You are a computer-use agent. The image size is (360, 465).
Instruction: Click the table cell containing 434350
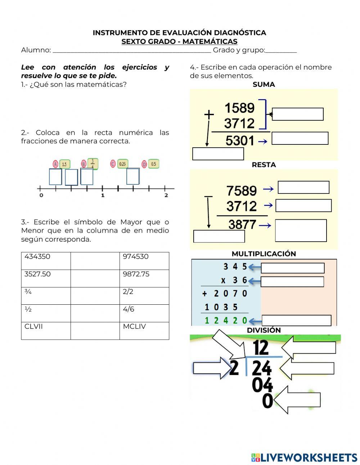(46, 261)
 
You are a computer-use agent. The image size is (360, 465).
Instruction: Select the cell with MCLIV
(144, 331)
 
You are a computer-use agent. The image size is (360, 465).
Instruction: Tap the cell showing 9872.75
(144, 278)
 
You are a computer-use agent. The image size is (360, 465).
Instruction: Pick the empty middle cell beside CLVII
(95, 331)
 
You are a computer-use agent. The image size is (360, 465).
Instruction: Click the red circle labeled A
(55, 164)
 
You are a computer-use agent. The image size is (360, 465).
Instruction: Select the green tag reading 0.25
(122, 164)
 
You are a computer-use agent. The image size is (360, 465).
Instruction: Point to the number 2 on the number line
(166, 196)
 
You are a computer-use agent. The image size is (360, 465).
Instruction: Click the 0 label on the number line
(41, 196)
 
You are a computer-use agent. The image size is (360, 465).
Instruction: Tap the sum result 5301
(240, 141)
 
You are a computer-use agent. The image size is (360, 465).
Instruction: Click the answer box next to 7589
(303, 187)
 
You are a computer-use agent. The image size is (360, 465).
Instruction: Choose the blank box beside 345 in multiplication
(292, 268)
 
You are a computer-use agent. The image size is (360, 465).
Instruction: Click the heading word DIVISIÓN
(264, 330)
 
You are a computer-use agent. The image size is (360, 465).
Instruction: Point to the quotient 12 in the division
(261, 348)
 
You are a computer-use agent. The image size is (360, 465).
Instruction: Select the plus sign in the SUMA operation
(209, 115)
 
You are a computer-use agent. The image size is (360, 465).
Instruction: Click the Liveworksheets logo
(304, 457)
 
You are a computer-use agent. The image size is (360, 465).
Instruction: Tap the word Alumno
(36, 50)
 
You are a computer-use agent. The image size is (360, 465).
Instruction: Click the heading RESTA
(264, 165)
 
